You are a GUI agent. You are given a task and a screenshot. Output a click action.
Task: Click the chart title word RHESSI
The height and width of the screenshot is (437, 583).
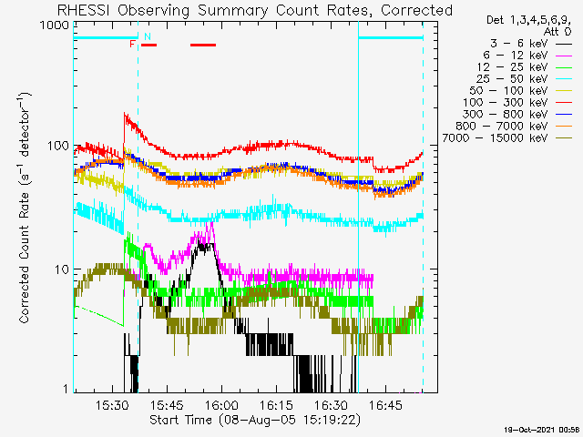pyautogui.click(x=83, y=10)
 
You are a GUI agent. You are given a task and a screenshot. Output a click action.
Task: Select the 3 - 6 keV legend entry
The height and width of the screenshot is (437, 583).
pyautogui.click(x=530, y=44)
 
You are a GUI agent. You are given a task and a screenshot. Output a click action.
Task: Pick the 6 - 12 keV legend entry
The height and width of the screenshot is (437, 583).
pyautogui.click(x=527, y=56)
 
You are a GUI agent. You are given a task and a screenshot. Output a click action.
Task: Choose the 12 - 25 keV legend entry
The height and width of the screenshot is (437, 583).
pyautogui.click(x=525, y=67)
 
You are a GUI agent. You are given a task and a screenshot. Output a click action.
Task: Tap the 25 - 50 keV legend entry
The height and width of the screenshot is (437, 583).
pyautogui.click(x=524, y=79)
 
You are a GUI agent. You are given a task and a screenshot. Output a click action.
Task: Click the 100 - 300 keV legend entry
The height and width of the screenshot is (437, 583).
pyautogui.click(x=517, y=103)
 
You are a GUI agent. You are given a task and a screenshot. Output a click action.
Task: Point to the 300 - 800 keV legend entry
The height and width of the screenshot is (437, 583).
pyautogui.click(x=517, y=115)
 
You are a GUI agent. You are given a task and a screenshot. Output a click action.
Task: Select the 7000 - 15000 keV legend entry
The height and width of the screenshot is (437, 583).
pyautogui.click(x=506, y=138)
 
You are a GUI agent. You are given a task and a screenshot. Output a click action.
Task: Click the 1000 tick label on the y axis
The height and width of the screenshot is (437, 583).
pyautogui.click(x=55, y=25)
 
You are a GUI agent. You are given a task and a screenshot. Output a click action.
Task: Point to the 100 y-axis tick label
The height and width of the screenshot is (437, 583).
pyautogui.click(x=58, y=146)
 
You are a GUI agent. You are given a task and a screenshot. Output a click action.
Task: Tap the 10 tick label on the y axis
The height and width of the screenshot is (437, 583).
pyautogui.click(x=62, y=269)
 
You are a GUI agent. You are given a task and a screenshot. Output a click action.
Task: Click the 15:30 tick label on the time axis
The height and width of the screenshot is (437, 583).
pyautogui.click(x=112, y=405)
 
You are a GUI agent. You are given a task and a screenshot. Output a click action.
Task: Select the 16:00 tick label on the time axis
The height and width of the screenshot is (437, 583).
pyautogui.click(x=222, y=405)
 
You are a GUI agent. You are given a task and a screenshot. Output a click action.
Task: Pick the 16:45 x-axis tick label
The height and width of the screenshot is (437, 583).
pyautogui.click(x=386, y=405)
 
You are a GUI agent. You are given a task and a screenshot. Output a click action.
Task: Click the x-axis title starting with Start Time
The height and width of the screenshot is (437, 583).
pyautogui.click(x=255, y=421)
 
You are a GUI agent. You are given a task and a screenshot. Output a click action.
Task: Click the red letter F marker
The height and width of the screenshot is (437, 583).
pyautogui.click(x=132, y=45)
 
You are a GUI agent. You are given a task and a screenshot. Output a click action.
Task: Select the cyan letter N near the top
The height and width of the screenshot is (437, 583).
pyautogui.click(x=148, y=36)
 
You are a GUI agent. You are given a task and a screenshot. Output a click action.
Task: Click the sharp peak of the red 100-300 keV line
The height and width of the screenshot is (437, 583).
pyautogui.click(x=125, y=113)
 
